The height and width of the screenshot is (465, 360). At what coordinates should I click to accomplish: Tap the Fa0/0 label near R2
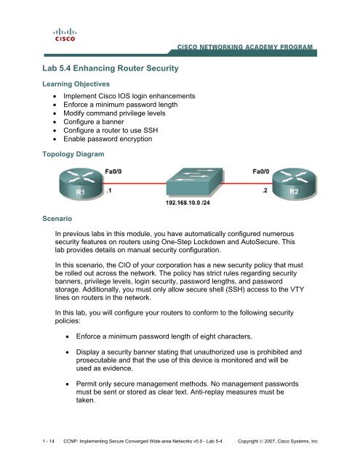[x=261, y=171]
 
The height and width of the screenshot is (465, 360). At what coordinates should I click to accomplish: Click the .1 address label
[x=108, y=193]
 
